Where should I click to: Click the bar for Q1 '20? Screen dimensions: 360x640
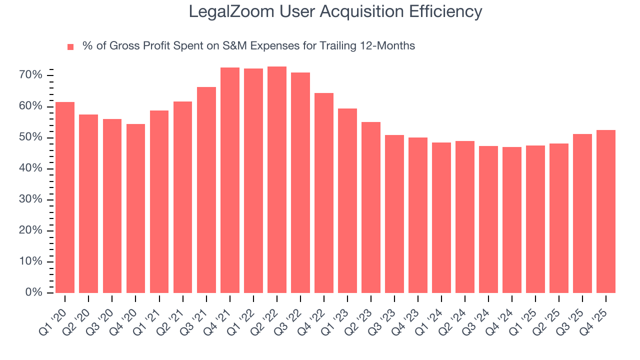(65, 197)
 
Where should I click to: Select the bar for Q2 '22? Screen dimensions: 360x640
(277, 179)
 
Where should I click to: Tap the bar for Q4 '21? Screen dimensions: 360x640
(230, 180)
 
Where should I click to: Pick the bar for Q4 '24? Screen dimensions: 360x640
(512, 220)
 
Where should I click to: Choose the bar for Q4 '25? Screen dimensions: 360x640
(606, 211)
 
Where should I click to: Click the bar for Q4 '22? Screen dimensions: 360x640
(324, 193)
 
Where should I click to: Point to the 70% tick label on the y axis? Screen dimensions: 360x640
(31, 75)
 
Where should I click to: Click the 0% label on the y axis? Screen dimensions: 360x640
(34, 292)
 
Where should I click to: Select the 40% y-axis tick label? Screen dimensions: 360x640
(31, 168)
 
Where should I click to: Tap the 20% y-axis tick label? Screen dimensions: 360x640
(31, 230)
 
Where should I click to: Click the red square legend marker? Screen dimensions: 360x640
(70, 46)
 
